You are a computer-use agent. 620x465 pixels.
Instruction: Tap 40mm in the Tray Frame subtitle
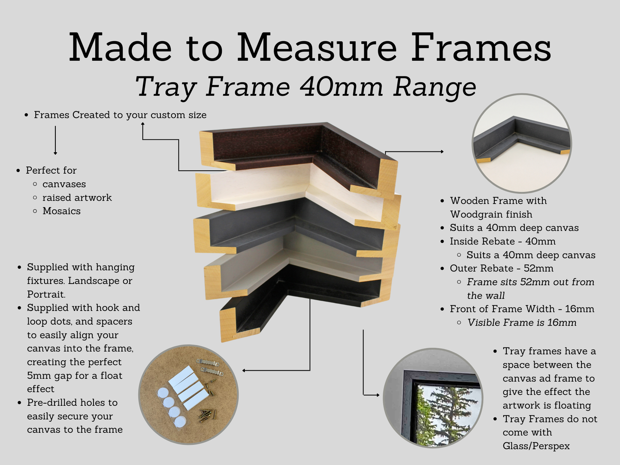tap(341, 87)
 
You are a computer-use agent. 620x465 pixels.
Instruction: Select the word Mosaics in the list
tap(62, 211)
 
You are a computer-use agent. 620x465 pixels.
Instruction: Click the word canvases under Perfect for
tap(64, 184)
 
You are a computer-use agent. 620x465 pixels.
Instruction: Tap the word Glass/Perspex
tap(536, 446)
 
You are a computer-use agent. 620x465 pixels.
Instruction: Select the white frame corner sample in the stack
tap(296, 192)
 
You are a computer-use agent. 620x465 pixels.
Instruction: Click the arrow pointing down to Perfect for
tap(55, 140)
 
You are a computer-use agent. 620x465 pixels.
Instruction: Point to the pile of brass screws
tap(207, 416)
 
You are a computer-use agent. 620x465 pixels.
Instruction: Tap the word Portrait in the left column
tap(46, 294)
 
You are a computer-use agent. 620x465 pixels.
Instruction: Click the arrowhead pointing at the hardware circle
tap(244, 371)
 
